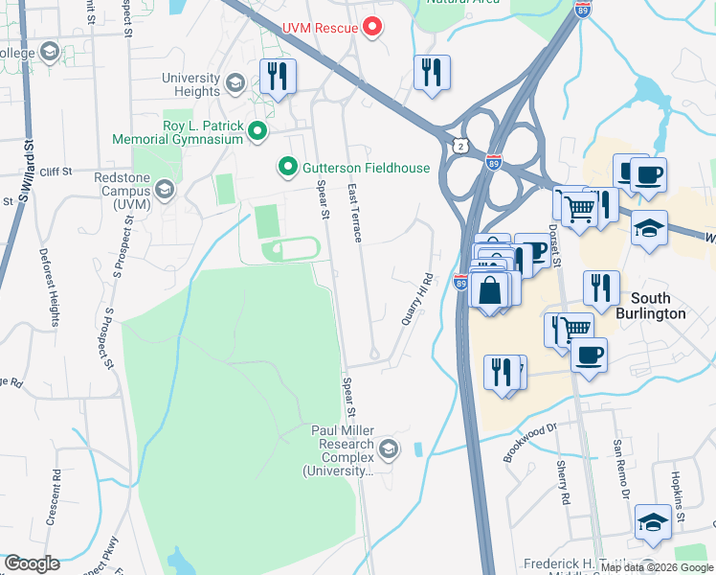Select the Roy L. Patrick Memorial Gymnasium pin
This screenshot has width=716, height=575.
(x=257, y=131)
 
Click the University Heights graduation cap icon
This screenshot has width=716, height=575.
(x=235, y=84)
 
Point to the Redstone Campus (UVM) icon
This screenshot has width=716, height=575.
(x=165, y=191)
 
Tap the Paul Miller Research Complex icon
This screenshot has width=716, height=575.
(x=388, y=448)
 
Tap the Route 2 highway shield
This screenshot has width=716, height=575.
(x=462, y=145)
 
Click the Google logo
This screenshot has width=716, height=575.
(x=32, y=563)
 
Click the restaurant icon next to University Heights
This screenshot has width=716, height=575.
(x=279, y=77)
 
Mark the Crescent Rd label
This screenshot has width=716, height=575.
(x=57, y=489)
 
